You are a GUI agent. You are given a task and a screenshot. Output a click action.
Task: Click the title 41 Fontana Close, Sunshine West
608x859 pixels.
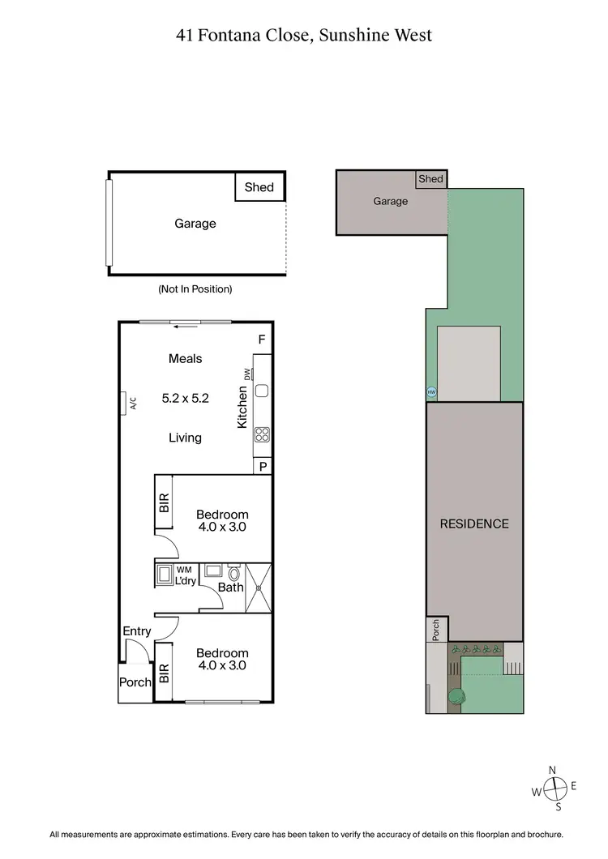304,35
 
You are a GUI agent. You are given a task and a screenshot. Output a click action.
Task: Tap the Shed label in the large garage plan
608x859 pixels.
259,187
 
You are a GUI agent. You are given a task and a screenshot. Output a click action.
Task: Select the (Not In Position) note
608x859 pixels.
195,288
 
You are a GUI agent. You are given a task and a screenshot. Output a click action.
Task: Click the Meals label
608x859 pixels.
185,358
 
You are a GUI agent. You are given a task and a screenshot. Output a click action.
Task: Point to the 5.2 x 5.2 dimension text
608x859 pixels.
185,398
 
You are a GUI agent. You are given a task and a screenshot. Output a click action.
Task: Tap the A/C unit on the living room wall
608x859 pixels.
126,402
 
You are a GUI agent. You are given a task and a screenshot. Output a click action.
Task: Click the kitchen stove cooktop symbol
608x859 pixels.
263,434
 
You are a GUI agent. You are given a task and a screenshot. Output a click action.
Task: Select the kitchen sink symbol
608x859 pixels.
262,391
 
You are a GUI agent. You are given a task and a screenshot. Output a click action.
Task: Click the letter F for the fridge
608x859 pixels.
261,339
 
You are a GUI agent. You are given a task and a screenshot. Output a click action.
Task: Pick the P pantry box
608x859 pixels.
263,466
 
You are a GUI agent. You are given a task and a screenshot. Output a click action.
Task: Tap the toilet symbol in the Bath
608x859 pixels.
233,573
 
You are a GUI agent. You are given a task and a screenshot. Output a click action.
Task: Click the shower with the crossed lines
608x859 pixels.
258,588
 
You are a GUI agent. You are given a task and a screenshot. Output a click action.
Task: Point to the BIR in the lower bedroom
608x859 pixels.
164,672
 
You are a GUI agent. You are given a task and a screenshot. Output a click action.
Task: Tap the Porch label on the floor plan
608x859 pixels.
135,682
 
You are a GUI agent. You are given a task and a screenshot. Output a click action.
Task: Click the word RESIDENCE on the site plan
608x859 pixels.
474,524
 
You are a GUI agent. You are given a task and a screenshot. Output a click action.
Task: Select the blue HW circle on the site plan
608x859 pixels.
431,392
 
